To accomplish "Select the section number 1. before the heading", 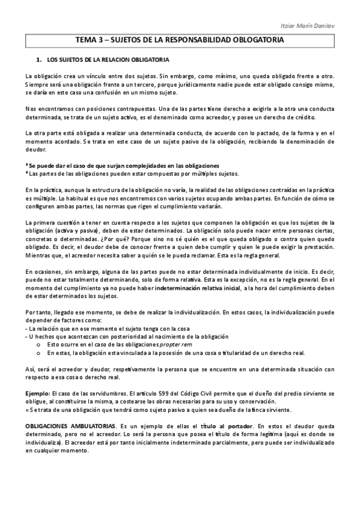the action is coord(39,60).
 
